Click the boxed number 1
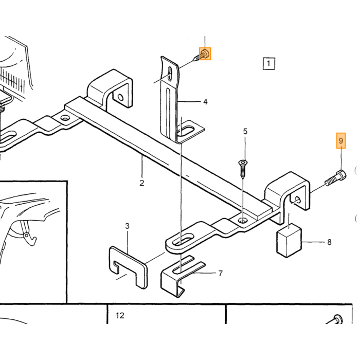268,63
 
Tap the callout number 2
141,183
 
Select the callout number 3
127,226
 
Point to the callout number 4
205,102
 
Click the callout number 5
245,132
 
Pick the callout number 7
221,274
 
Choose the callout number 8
329,242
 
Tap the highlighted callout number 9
341,140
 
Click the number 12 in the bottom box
120,315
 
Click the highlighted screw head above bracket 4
205,54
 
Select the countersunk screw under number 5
243,169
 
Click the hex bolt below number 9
336,178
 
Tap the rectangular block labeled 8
289,240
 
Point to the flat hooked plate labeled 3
128,267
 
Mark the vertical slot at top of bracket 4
170,74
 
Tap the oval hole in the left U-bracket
120,97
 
